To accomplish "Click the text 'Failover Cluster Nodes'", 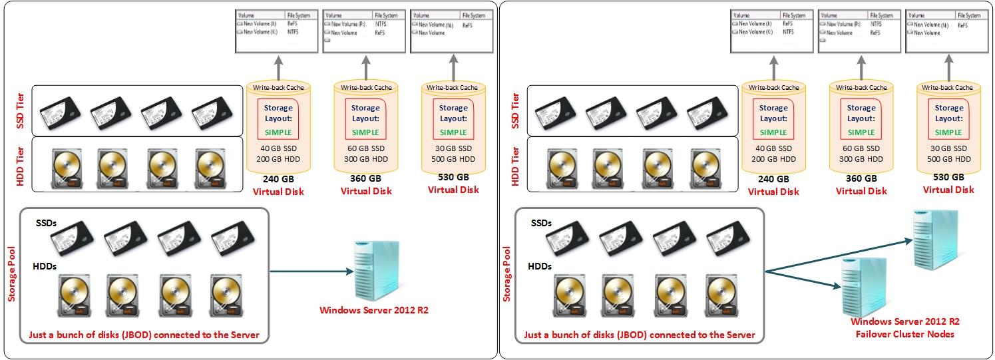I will tap(904, 333).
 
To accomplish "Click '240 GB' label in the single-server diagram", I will tap(278, 178).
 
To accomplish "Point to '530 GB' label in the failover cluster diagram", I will tap(948, 177).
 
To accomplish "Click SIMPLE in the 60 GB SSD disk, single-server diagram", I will tap(365, 132).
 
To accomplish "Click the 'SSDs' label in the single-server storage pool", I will tap(47, 223).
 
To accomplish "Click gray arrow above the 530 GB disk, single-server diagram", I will tap(453, 67).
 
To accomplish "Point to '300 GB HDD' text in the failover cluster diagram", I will tap(861, 159).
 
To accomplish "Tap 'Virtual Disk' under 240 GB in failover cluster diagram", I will tap(773, 192).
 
